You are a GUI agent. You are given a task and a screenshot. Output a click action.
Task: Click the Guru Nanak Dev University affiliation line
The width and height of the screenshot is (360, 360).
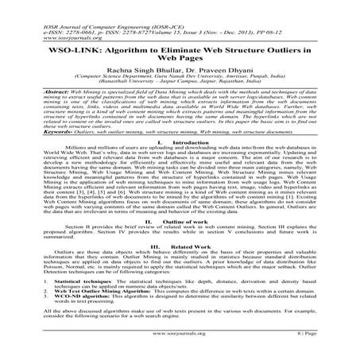(180, 70)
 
